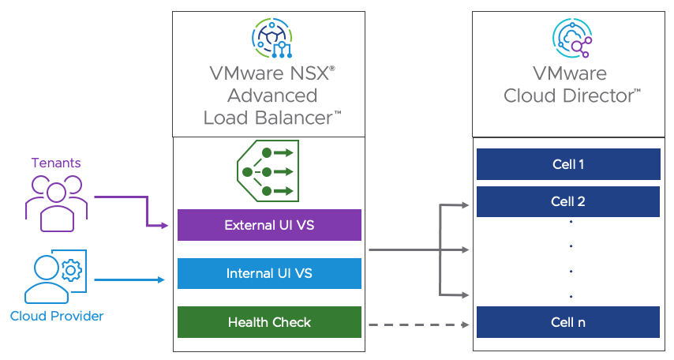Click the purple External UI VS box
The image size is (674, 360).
269,225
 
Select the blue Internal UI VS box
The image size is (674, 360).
269,273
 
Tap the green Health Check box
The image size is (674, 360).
269,322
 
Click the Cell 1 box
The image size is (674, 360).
568,164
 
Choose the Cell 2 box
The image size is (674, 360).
568,201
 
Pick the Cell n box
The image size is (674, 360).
568,322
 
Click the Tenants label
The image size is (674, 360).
56,163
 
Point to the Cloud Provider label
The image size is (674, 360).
57,316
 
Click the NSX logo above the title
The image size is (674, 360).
271,38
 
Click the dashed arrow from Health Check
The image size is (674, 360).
418,324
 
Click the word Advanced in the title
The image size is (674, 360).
272,96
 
